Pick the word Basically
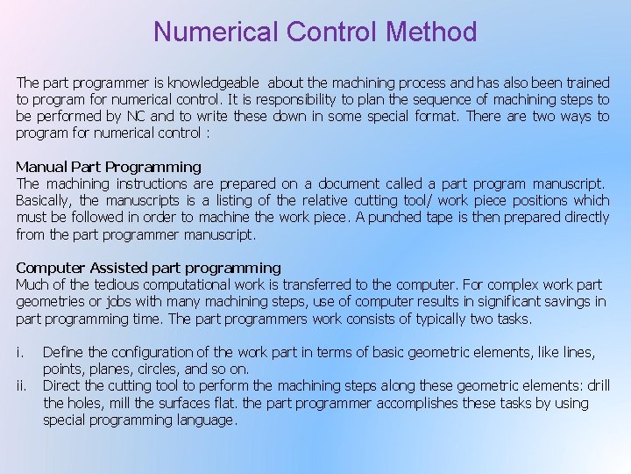click(x=45, y=201)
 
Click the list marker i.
click(x=19, y=353)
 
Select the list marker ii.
click(x=22, y=386)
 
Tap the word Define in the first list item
click(x=64, y=353)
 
